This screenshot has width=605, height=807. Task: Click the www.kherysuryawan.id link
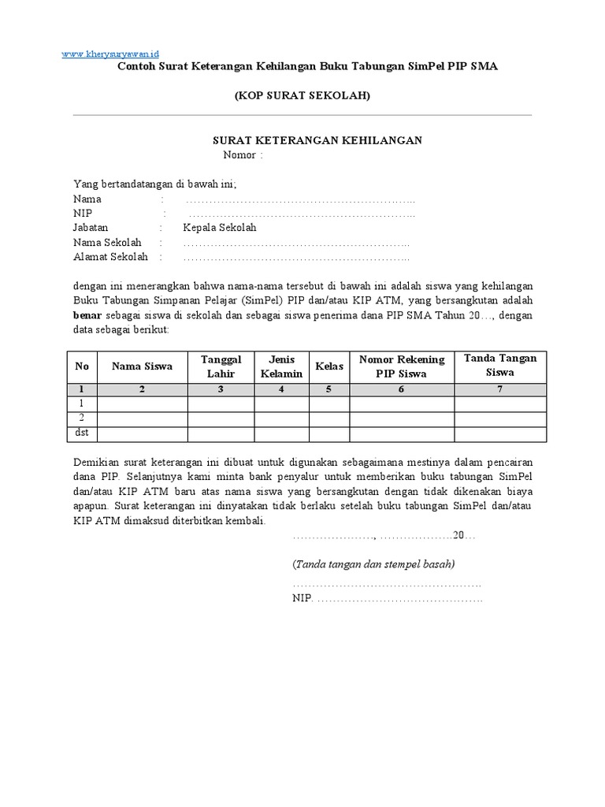[109, 53]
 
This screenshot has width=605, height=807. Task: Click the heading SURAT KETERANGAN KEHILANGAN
[318, 140]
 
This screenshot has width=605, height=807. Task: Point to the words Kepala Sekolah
[220, 228]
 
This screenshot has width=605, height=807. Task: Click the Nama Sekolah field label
[107, 243]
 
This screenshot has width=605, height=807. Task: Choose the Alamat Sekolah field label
[109, 257]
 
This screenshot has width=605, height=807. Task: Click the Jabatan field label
[92, 228]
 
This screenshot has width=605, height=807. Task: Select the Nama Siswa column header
[142, 366]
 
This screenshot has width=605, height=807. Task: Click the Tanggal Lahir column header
[221, 366]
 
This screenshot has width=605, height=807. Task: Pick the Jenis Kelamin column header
[281, 366]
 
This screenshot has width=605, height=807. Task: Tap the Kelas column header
[329, 366]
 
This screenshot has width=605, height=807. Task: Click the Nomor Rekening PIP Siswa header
[402, 366]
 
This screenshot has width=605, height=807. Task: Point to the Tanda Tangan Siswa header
[500, 365]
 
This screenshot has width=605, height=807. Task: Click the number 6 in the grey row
[402, 389]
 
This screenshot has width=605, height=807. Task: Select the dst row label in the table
[82, 434]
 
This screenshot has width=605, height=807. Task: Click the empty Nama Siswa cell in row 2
[142, 419]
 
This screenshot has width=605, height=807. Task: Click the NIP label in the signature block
[302, 599]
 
